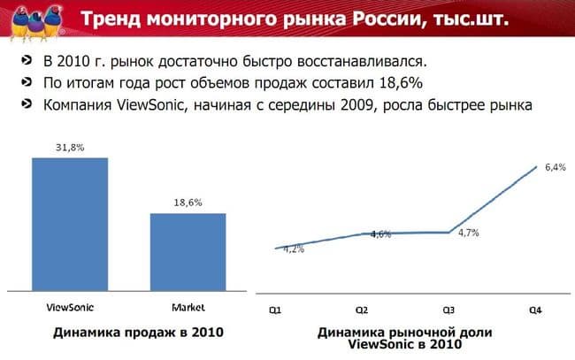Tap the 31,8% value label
point(70,148)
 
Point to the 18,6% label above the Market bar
point(188,203)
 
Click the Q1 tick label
point(276,310)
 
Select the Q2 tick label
point(362,310)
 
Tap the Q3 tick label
point(448,310)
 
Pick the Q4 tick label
point(535,310)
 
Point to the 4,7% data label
point(468,233)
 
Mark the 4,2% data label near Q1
point(294,249)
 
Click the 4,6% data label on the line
point(381,234)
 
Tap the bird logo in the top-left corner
point(28,19)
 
